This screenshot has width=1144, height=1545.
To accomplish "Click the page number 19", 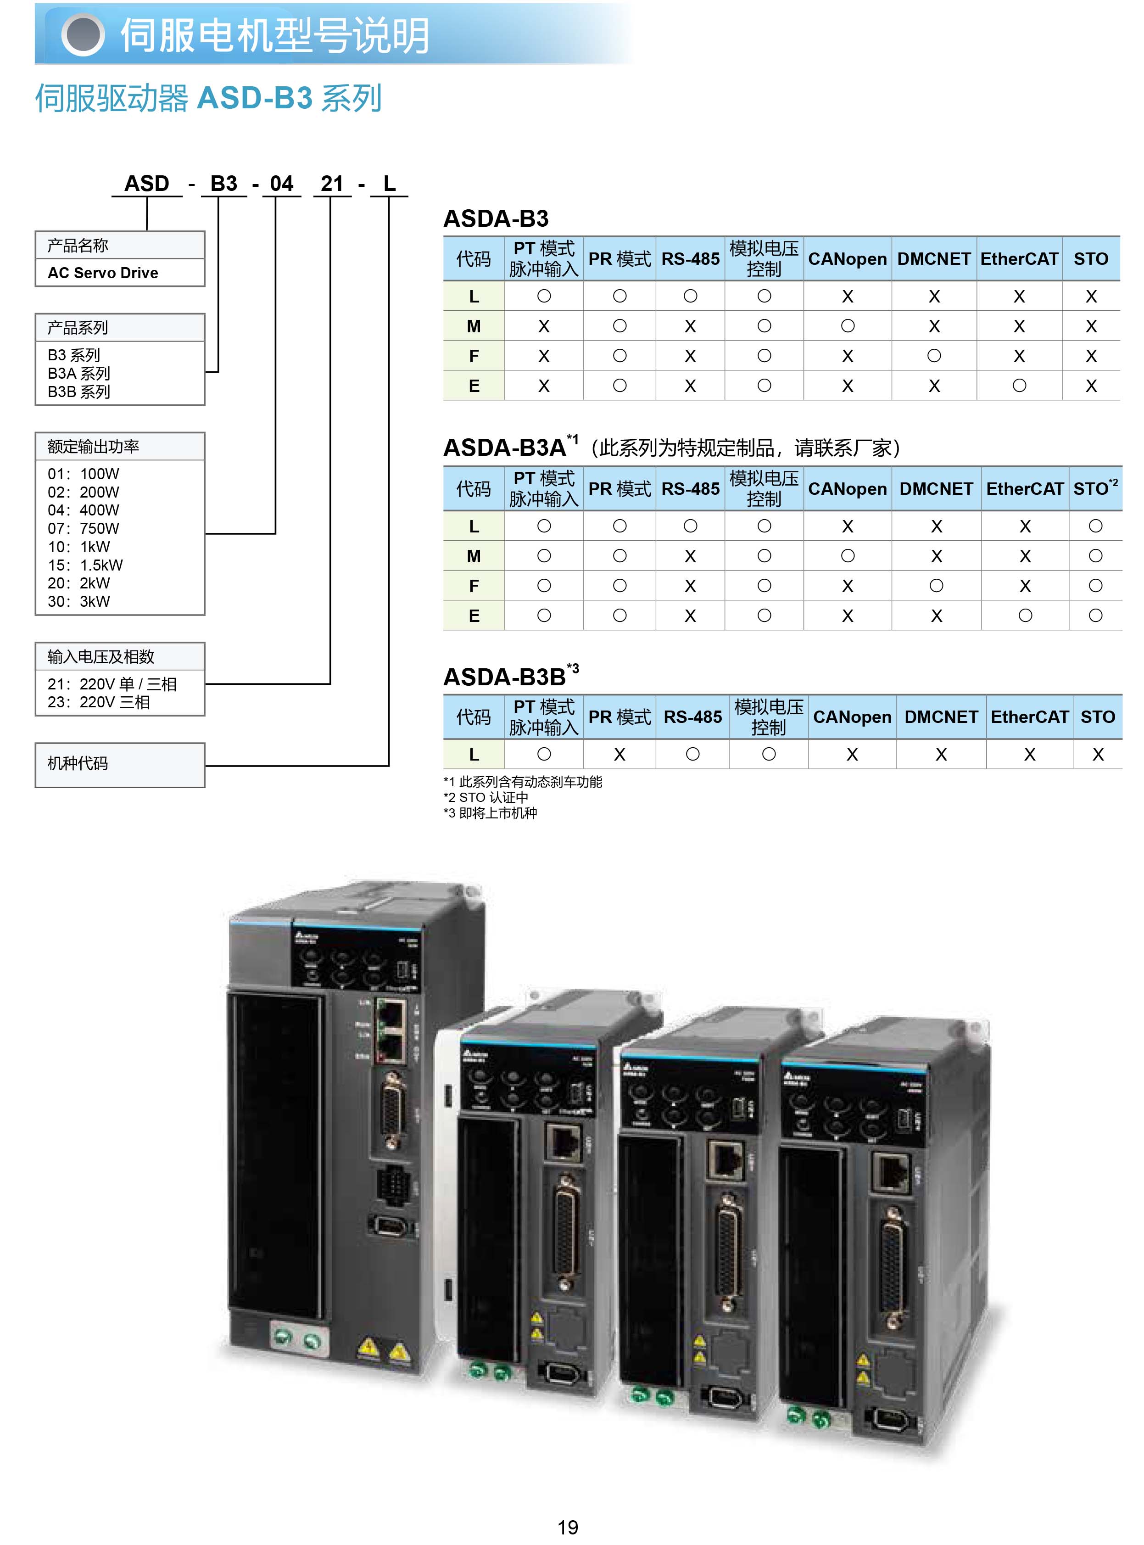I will click(x=567, y=1526).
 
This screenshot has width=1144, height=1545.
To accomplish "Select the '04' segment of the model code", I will click(x=281, y=184).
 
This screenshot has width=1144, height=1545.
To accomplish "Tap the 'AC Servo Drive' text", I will click(x=102, y=273).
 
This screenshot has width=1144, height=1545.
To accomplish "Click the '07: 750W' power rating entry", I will click(x=83, y=528).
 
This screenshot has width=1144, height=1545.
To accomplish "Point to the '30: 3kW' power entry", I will click(x=78, y=601).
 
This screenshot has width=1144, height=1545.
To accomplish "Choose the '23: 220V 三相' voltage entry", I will click(x=98, y=702).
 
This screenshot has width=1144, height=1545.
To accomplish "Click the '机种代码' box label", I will click(x=78, y=763).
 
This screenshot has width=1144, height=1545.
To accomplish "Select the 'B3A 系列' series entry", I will click(x=79, y=373).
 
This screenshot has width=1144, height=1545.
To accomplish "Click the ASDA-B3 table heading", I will click(x=496, y=219).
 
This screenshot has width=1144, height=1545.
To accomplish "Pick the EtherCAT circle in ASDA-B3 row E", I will click(x=1019, y=386).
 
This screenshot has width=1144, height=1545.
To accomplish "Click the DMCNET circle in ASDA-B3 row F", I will click(x=933, y=356).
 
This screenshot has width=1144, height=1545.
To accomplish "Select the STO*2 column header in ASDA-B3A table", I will click(x=1095, y=488).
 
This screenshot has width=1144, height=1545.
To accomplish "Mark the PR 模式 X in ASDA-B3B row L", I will click(x=619, y=754).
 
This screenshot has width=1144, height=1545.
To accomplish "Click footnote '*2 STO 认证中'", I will click(x=486, y=797).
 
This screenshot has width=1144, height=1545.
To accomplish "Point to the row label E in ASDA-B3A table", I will click(x=474, y=616).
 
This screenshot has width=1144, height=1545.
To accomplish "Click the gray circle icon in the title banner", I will click(x=83, y=34).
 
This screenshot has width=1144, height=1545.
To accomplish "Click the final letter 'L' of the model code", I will click(x=389, y=184).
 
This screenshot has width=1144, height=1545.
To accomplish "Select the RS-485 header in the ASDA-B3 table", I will click(x=691, y=259).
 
